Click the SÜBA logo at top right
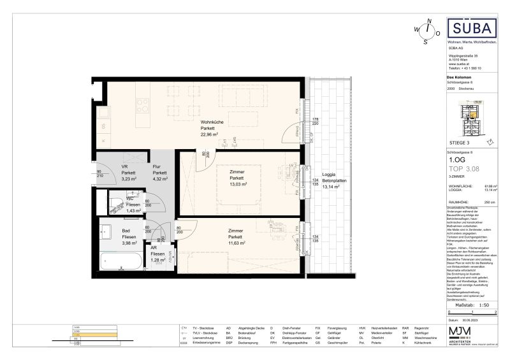pyautogui.click(x=472, y=29)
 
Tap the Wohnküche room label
pyautogui.click(x=211, y=122)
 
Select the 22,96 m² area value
pyautogui.click(x=211, y=134)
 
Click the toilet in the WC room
pyautogui.click(x=115, y=203)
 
